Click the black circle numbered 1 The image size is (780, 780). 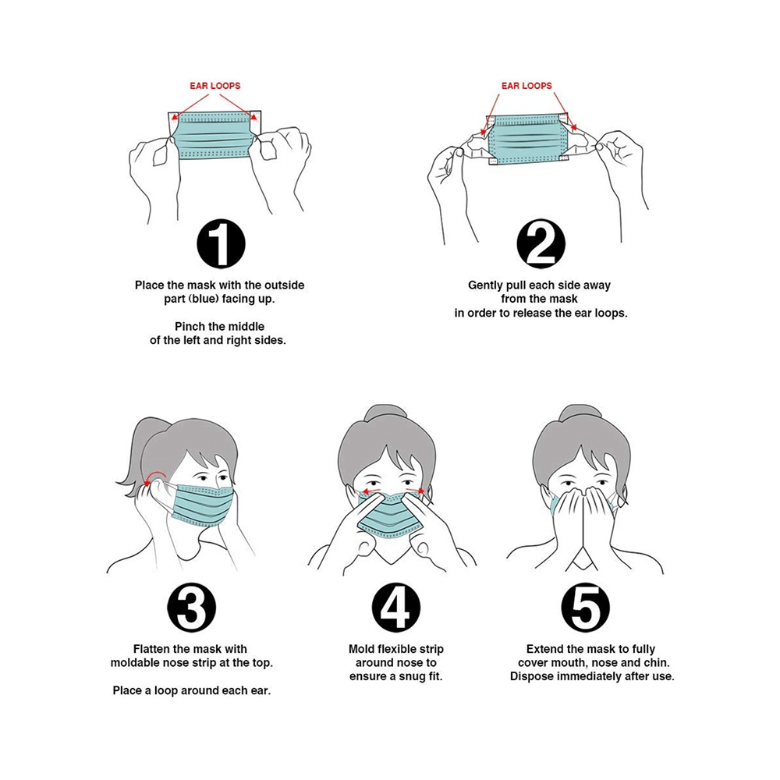221,243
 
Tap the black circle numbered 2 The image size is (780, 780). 541,243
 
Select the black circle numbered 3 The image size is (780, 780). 192,608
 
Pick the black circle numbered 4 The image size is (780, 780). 396,608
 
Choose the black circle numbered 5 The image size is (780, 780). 586,608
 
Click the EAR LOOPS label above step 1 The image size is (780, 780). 215,86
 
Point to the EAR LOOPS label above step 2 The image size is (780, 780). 526,86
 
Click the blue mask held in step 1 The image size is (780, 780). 214,135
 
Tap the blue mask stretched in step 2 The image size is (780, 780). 527,139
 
